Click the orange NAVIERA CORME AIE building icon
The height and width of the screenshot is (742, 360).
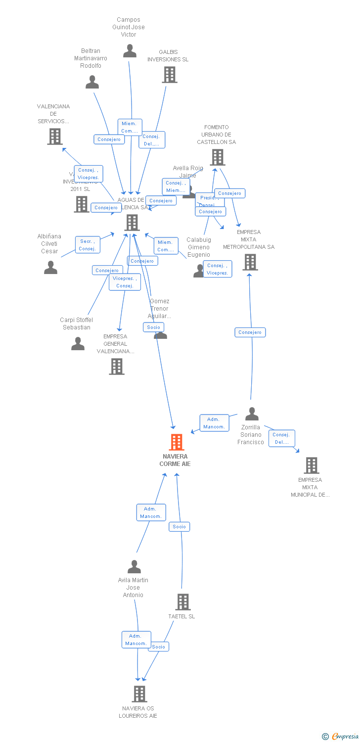(177, 442)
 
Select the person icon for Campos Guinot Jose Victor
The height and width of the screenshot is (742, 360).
(130, 51)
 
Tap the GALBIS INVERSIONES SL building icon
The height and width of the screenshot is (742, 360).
(170, 75)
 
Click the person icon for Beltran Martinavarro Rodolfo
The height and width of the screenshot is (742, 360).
(92, 82)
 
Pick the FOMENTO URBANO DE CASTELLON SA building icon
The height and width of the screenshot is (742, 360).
(217, 157)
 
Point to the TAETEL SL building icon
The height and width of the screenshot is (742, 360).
(183, 602)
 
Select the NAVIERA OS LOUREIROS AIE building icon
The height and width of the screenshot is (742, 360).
(139, 694)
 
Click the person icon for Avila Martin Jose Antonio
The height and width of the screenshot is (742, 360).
(134, 567)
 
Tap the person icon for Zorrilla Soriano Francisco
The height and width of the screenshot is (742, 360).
(252, 414)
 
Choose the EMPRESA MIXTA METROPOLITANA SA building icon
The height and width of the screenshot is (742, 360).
(250, 262)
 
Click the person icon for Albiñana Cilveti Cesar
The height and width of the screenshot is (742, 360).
(50, 268)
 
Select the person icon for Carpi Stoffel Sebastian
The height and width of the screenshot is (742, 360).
(78, 344)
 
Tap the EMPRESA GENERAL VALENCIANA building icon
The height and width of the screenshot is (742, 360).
(117, 367)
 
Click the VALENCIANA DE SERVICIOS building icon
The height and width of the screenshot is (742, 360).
(55, 137)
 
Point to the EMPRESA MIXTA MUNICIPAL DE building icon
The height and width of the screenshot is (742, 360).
(311, 465)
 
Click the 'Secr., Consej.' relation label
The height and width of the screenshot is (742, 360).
(88, 245)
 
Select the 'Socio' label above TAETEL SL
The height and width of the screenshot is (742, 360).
(179, 527)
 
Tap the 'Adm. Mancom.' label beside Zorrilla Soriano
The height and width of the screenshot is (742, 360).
(214, 423)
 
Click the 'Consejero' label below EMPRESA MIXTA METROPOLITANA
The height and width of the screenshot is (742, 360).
(250, 332)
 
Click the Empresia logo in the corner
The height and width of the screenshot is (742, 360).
(340, 737)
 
